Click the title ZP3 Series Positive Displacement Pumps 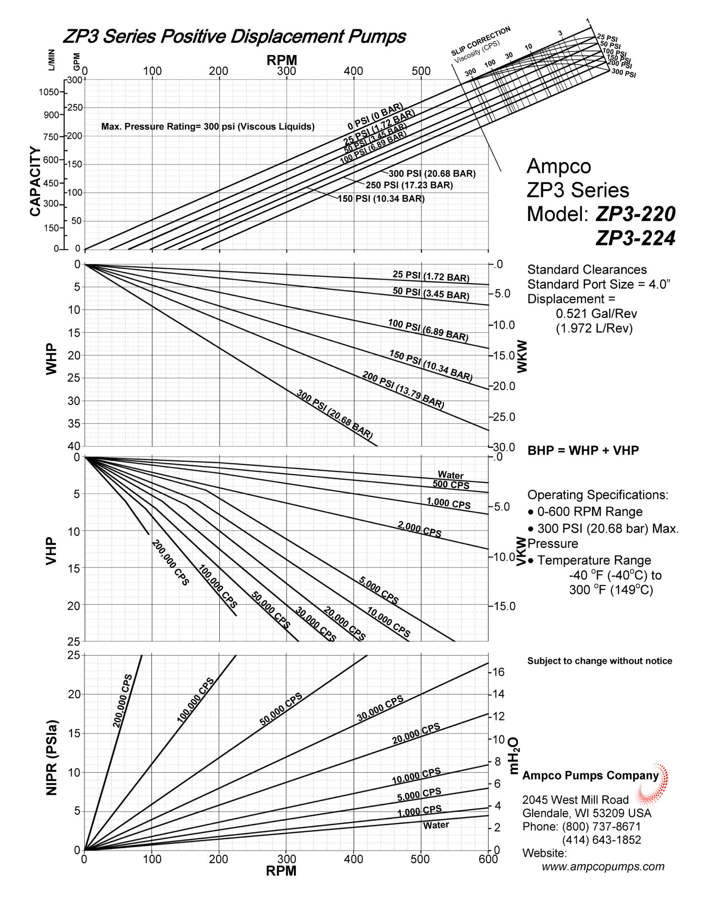(x=234, y=36)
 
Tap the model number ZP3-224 (x=635, y=238)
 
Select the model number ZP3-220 (x=635, y=213)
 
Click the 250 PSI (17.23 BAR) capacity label (x=409, y=185)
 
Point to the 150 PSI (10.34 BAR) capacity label (x=381, y=199)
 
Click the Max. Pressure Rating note (x=208, y=127)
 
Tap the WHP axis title (x=51, y=359)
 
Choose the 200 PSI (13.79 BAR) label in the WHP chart (x=403, y=390)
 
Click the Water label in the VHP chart (x=451, y=475)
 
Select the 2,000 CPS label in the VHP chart (x=419, y=529)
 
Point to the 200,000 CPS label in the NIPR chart (x=122, y=701)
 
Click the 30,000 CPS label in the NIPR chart (x=380, y=708)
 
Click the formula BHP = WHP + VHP (x=583, y=450)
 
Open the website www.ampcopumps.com (x=603, y=866)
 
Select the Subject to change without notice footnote (x=600, y=661)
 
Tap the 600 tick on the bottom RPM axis (x=488, y=859)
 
